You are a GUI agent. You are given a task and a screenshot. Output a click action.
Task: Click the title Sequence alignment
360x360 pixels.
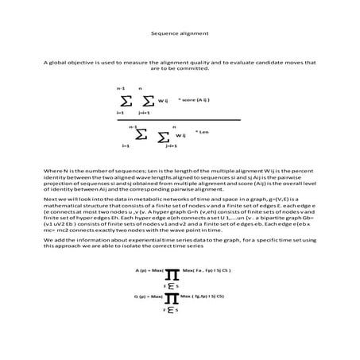click(180, 34)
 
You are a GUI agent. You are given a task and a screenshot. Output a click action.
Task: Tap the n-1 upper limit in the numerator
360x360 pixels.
click(121, 87)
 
